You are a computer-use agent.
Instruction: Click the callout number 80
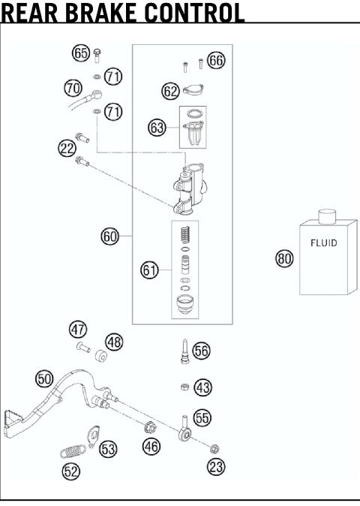click(284, 259)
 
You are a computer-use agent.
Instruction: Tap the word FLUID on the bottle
click(323, 243)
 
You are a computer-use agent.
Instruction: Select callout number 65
click(81, 53)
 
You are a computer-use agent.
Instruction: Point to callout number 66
click(216, 61)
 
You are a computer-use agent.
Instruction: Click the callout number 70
click(73, 88)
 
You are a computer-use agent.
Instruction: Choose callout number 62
click(170, 91)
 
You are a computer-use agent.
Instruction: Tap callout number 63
click(157, 128)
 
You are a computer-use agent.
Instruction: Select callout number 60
click(110, 236)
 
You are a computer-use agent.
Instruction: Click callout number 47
click(78, 329)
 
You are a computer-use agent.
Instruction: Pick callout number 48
click(114, 342)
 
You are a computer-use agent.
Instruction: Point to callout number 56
click(201, 350)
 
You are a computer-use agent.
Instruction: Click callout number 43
click(202, 387)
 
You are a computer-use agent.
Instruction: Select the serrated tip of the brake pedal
click(16, 417)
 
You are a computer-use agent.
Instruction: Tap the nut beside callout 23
click(214, 449)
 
